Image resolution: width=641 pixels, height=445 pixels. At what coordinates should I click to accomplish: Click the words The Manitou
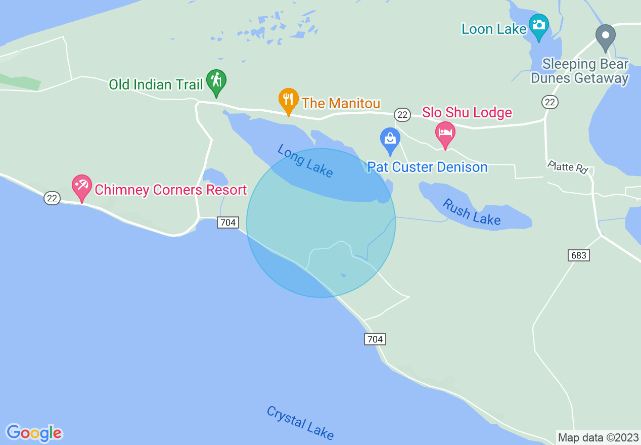pyautogui.click(x=341, y=104)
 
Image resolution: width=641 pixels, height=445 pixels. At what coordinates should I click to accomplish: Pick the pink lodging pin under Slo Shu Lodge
pyautogui.click(x=445, y=134)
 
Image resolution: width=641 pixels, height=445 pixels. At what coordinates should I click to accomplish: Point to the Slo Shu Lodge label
pyautogui.click(x=467, y=112)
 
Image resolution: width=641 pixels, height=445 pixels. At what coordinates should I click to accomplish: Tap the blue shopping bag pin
pyautogui.click(x=390, y=140)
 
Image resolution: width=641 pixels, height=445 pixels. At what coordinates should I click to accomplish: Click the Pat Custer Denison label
pyautogui.click(x=427, y=167)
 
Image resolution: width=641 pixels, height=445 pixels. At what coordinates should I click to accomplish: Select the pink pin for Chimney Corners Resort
pyautogui.click(x=81, y=187)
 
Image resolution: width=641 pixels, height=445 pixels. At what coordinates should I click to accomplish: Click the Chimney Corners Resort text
pyautogui.click(x=170, y=190)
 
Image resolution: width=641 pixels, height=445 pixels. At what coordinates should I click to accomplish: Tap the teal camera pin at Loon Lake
pyautogui.click(x=538, y=26)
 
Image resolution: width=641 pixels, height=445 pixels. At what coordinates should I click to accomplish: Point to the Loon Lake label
pyautogui.click(x=494, y=29)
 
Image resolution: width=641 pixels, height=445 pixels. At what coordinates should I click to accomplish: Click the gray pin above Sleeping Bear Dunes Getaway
pyautogui.click(x=605, y=37)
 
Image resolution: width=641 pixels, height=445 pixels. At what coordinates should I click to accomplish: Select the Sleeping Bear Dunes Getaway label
pyautogui.click(x=585, y=71)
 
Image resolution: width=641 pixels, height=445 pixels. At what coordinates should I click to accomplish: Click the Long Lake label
pyautogui.click(x=305, y=161)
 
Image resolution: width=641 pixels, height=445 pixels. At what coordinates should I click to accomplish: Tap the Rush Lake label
pyautogui.click(x=471, y=212)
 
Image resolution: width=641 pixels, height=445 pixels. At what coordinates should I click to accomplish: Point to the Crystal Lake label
pyautogui.click(x=300, y=423)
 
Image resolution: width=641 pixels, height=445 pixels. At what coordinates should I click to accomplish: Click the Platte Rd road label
pyautogui.click(x=568, y=167)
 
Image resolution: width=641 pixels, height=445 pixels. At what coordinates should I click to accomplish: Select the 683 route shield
pyautogui.click(x=578, y=255)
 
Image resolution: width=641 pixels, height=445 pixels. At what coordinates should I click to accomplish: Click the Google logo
pyautogui.click(x=34, y=433)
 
